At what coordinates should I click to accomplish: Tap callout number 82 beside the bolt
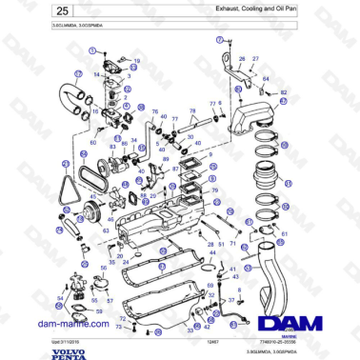click(284, 91)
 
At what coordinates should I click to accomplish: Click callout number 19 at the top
click(135, 60)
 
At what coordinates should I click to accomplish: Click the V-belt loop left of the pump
click(64, 180)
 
